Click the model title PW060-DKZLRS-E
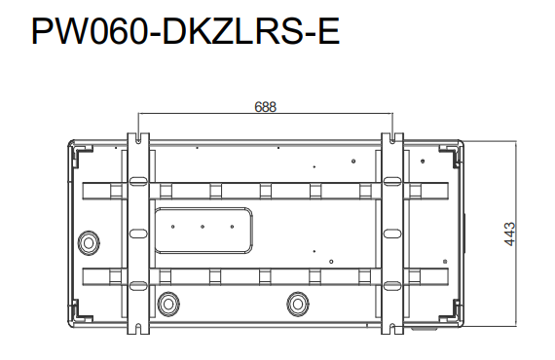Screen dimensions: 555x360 click(x=185, y=31)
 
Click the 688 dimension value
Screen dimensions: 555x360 click(x=265, y=107)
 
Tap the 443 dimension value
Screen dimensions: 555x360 click(x=509, y=234)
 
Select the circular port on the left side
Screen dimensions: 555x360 click(x=89, y=243)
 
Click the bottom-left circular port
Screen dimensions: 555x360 click(x=168, y=304)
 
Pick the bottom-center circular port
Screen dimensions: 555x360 click(x=298, y=304)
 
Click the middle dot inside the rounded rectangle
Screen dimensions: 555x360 click(x=203, y=227)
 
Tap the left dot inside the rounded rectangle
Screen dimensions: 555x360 click(x=172, y=227)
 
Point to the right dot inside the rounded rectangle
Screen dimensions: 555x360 click(x=232, y=227)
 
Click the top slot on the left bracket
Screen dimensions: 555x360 click(x=138, y=182)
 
